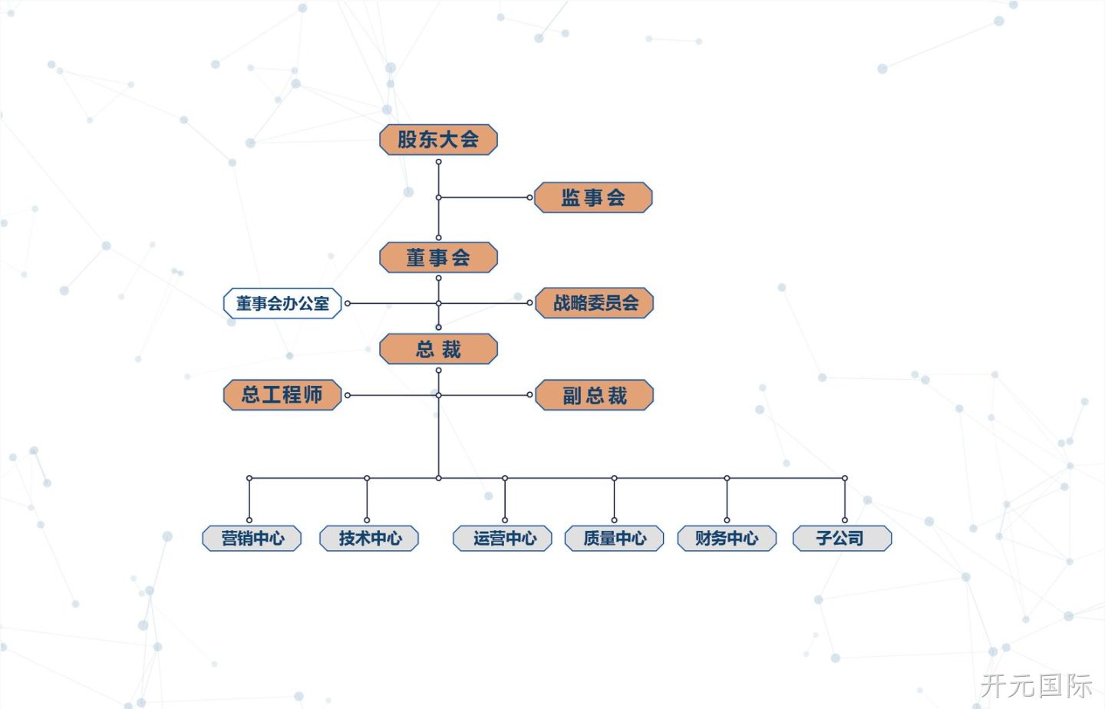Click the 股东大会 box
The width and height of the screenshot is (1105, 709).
pyautogui.click(x=438, y=140)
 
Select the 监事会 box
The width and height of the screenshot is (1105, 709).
pyautogui.click(x=593, y=197)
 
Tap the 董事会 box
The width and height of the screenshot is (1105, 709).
pyautogui.click(x=438, y=257)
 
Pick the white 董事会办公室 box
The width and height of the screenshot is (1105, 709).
pyautogui.click(x=282, y=303)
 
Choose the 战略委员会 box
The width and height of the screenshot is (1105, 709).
pyautogui.click(x=595, y=303)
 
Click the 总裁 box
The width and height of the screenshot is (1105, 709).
pyautogui.click(x=438, y=349)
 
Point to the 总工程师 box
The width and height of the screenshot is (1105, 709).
pyautogui.click(x=282, y=394)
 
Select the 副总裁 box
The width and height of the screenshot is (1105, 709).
pyautogui.click(x=595, y=394)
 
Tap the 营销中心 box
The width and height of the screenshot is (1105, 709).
pyautogui.click(x=252, y=538)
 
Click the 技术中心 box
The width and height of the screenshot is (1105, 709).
pyautogui.click(x=369, y=538)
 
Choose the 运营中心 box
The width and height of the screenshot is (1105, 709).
pyautogui.click(x=502, y=538)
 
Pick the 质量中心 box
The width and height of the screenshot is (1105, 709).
pyautogui.click(x=614, y=538)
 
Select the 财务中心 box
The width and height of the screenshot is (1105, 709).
pyautogui.click(x=727, y=538)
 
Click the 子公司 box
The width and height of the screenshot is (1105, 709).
pyautogui.click(x=842, y=538)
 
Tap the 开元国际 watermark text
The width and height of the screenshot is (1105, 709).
pyautogui.click(x=1036, y=685)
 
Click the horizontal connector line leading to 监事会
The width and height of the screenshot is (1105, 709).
pyautogui.click(x=484, y=197)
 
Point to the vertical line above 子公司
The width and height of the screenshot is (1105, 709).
pyautogui.click(x=845, y=499)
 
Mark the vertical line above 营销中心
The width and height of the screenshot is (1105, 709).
pyautogui.click(x=249, y=499)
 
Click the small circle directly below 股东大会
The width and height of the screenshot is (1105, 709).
pyautogui.click(x=439, y=162)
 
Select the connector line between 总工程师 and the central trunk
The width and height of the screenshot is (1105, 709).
pyautogui.click(x=393, y=395)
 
